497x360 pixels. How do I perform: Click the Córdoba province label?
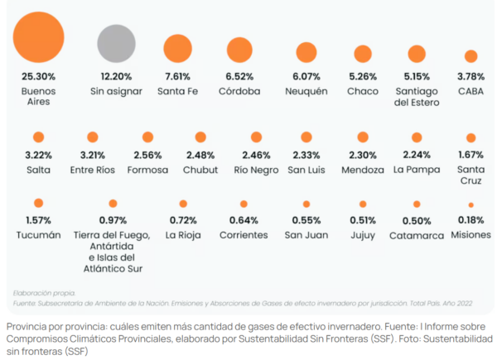click(239, 90)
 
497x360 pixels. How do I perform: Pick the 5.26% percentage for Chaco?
click(363, 77)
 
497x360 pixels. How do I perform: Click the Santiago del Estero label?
click(417, 96)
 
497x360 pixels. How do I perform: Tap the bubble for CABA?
click(470, 56)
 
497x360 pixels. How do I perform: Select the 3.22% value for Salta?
click(38, 156)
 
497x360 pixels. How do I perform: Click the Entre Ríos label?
click(93, 170)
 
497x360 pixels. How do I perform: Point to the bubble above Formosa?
click(147, 137)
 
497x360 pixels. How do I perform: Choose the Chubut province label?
click(200, 170)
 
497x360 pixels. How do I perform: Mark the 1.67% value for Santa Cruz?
click(470, 156)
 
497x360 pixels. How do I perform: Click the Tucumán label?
click(38, 234)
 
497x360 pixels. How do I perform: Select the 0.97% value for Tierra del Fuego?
click(111, 220)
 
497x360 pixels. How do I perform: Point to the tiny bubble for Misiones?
click(470, 204)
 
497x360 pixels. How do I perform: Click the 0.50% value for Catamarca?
click(417, 220)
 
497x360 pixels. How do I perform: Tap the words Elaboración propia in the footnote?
click(44, 292)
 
